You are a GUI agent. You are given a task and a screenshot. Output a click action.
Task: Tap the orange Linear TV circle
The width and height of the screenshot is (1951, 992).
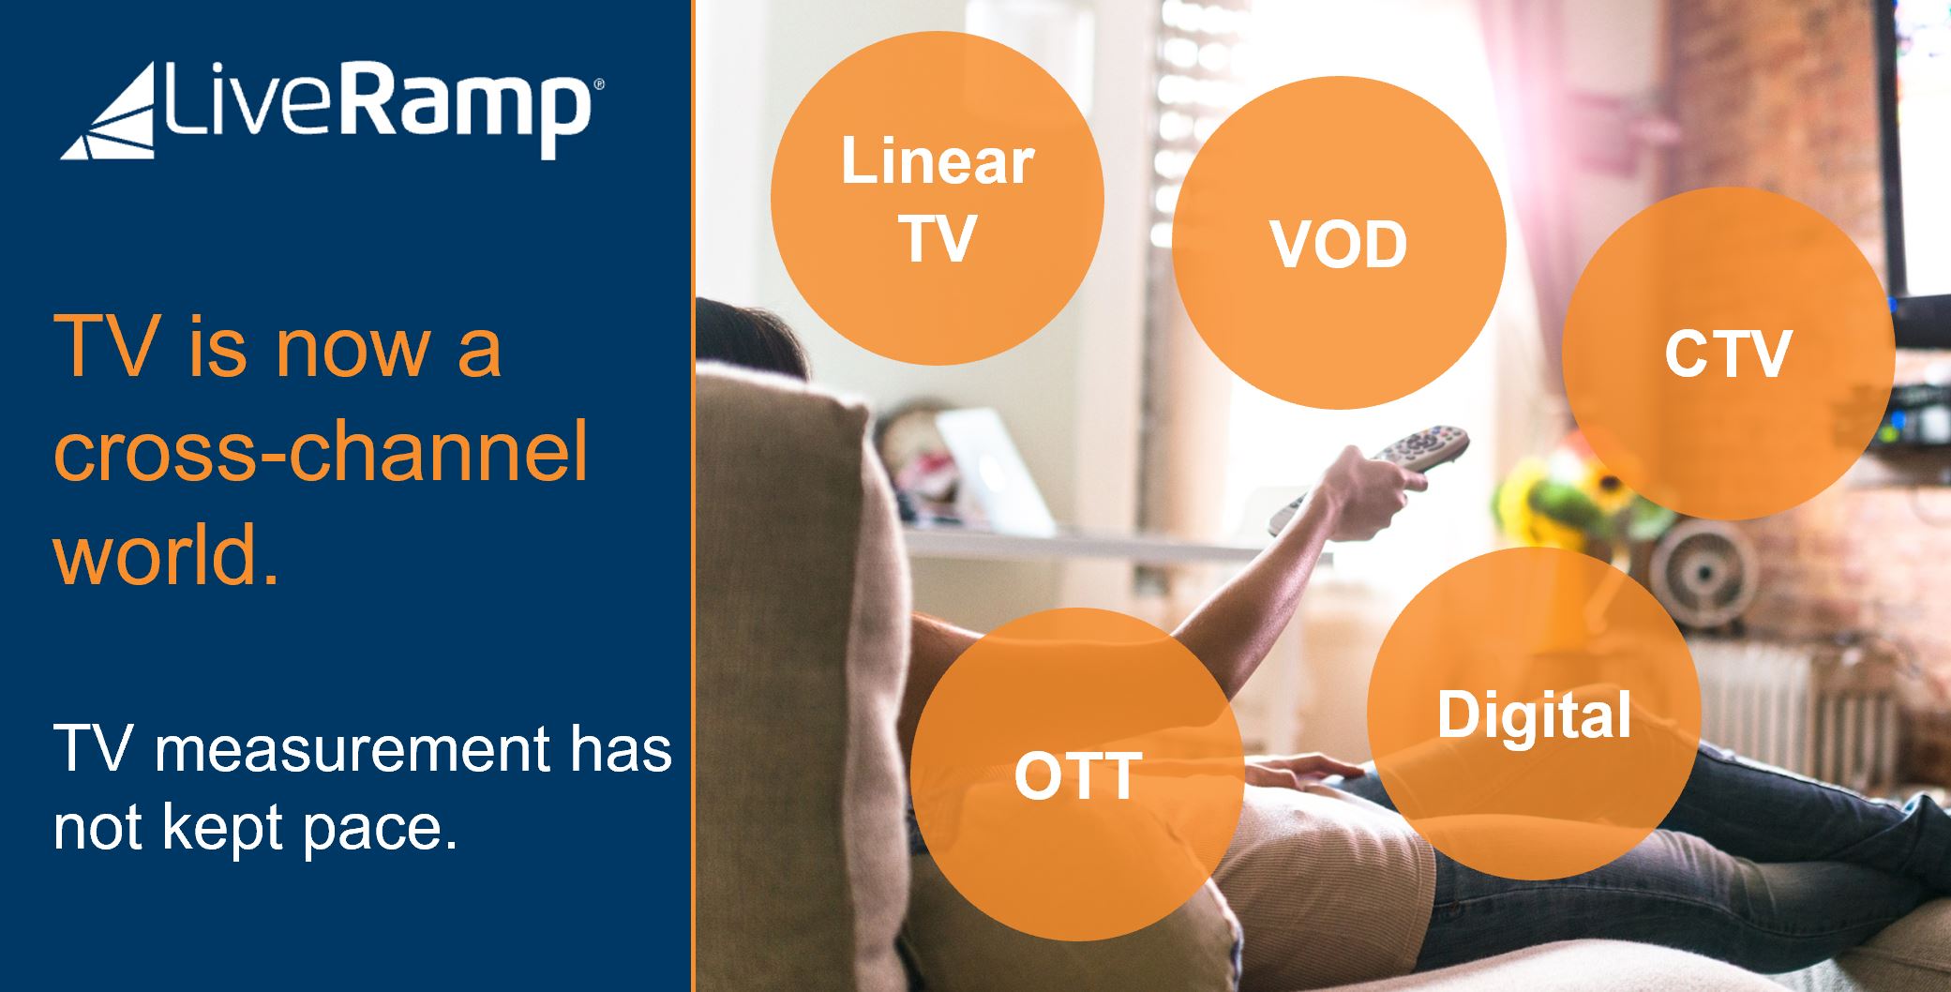coord(938,198)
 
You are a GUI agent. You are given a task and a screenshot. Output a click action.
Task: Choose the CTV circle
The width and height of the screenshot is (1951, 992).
coord(1728,353)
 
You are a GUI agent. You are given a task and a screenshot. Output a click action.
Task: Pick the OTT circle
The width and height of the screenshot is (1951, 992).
coord(1077,774)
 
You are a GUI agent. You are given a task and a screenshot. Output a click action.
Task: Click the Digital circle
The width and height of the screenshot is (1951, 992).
coord(1534,714)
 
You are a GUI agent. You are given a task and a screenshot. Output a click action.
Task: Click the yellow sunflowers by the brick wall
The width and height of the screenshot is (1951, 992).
coord(1575,502)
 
